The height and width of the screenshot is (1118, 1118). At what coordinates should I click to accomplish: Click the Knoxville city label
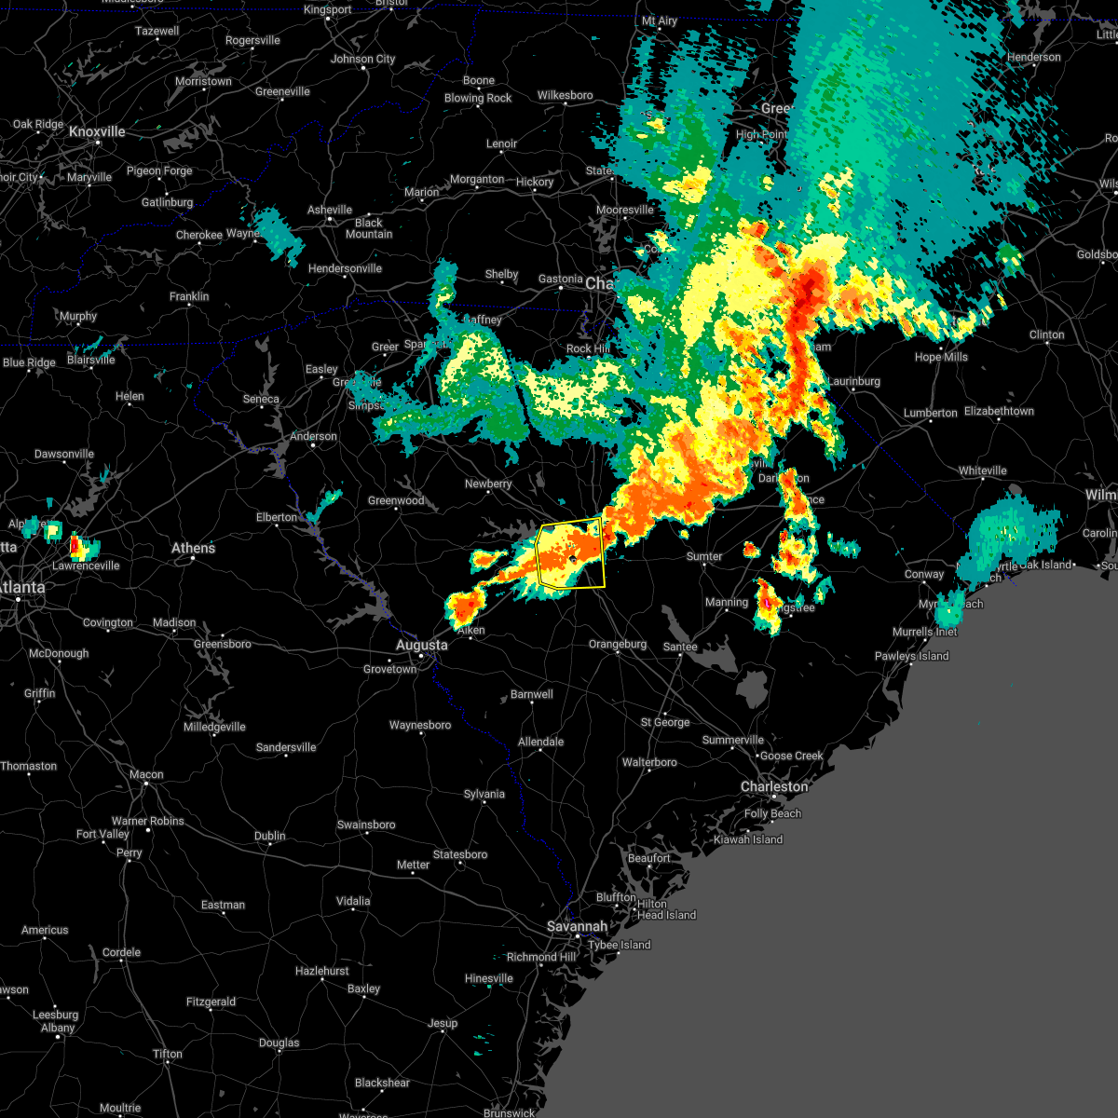(x=97, y=132)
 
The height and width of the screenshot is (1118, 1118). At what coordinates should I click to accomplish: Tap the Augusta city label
(x=421, y=645)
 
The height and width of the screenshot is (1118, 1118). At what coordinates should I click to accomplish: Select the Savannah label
(x=577, y=926)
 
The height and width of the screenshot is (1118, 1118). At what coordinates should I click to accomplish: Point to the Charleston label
(x=774, y=786)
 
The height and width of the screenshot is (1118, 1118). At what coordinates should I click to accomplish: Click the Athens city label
(x=193, y=548)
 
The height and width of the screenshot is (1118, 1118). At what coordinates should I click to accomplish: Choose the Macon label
(x=146, y=774)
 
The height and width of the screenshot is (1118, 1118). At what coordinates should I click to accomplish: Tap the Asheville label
(x=330, y=210)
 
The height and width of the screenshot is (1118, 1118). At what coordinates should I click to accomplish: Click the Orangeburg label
(x=617, y=644)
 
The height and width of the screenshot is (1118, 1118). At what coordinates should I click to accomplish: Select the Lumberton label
(x=930, y=413)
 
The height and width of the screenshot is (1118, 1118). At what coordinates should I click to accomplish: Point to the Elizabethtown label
(x=999, y=411)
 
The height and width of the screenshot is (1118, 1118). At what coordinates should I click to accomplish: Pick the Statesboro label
(x=460, y=854)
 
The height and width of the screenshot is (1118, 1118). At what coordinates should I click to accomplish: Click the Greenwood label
(x=396, y=500)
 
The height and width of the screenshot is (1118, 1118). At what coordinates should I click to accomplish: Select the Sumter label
(x=704, y=556)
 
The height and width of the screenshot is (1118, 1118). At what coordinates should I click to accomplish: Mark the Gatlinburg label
(x=168, y=202)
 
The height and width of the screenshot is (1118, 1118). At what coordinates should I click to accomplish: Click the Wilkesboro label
(x=565, y=95)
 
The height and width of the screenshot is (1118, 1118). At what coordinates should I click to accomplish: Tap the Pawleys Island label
(x=911, y=656)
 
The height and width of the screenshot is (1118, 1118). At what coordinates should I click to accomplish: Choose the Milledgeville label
(x=214, y=727)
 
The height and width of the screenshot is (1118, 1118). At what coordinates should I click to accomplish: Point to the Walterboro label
(x=649, y=762)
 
